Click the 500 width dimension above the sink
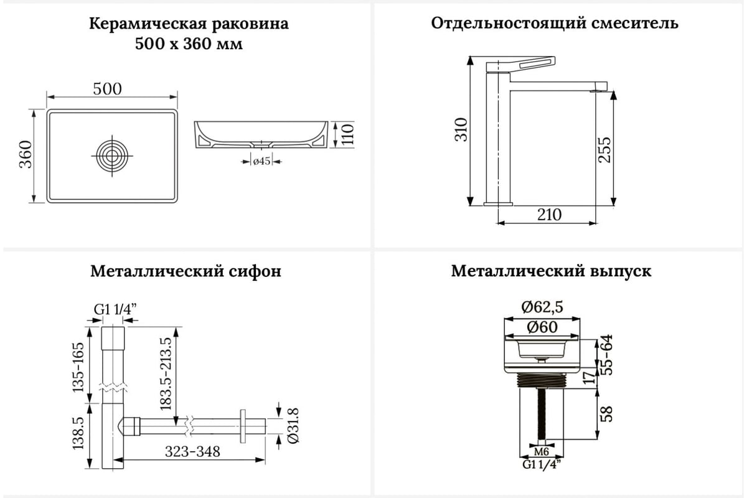107,89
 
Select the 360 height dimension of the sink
26,154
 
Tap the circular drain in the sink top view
112,156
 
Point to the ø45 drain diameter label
261,161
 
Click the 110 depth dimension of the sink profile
347,134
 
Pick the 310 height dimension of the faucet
461,129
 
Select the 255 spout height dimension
604,150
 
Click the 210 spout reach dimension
549,215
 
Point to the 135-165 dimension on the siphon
78,367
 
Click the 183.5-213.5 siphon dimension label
166,374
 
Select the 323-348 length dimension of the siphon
192,452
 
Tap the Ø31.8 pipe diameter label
293,426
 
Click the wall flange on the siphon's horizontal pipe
243,426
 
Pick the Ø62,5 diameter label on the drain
542,307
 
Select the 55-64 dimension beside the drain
608,355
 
